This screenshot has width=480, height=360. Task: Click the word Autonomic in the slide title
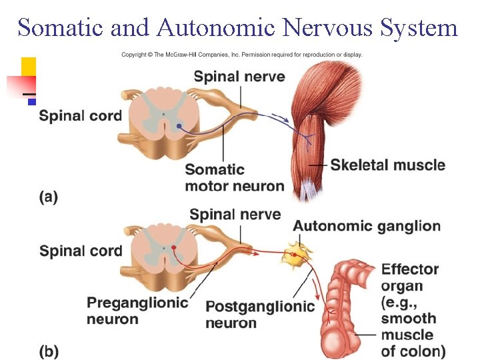(216, 28)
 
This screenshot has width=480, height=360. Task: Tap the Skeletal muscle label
(387, 164)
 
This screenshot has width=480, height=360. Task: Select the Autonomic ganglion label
(367, 226)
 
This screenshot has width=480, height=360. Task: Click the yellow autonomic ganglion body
(294, 254)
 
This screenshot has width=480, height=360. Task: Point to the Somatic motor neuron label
(234, 177)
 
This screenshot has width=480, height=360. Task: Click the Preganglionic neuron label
(137, 311)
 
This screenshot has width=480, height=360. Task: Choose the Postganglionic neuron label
(259, 315)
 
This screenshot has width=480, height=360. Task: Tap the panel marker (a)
(48, 197)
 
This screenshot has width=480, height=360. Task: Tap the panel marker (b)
(48, 351)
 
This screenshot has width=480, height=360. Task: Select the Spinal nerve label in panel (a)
(239, 77)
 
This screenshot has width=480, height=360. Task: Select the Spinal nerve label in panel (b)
(235, 215)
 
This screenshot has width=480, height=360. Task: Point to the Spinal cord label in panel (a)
(81, 116)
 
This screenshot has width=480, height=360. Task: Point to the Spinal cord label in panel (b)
(81, 251)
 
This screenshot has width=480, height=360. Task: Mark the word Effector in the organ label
(409, 270)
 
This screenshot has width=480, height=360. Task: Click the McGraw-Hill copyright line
(241, 55)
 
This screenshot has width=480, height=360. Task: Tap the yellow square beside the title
(29, 66)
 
